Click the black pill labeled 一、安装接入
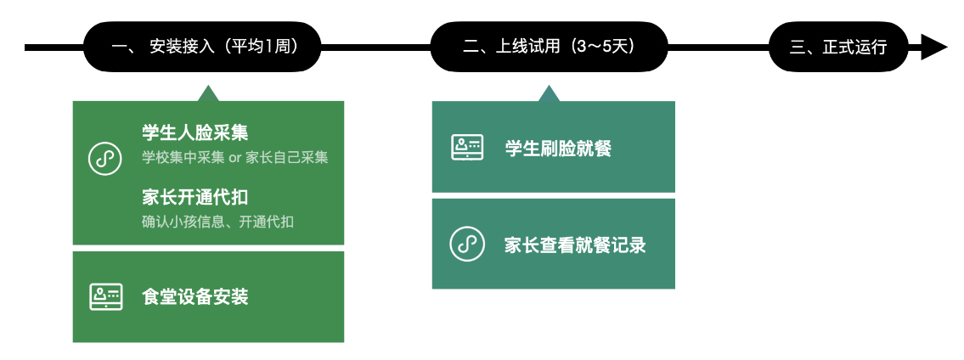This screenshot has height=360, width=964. pos(202,47)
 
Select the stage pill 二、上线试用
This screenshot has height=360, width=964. pos(549,47)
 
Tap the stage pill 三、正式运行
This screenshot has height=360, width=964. pos(838,47)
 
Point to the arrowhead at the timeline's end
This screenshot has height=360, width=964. pos(934,48)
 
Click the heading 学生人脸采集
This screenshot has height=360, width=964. pos(194,132)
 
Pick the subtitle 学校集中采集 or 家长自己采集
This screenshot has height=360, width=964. pos(235,158)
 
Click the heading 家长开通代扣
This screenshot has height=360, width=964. pos(194,197)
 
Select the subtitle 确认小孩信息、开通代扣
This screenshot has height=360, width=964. pos(217,222)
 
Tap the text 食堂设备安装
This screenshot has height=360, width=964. pos(194,297)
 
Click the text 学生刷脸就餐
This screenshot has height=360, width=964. pos(558,148)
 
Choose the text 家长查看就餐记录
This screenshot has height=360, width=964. pos(576,245)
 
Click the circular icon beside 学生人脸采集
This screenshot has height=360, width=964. pos(105,158)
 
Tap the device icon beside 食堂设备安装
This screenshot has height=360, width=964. pos(106,296)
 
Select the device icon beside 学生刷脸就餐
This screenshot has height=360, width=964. pos(467,148)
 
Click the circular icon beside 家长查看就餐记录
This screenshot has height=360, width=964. pos(467,244)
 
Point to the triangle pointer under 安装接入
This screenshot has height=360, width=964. pos(208,94)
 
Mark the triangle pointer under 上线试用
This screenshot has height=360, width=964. pos(549,94)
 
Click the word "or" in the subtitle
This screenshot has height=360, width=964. pos(235,159)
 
